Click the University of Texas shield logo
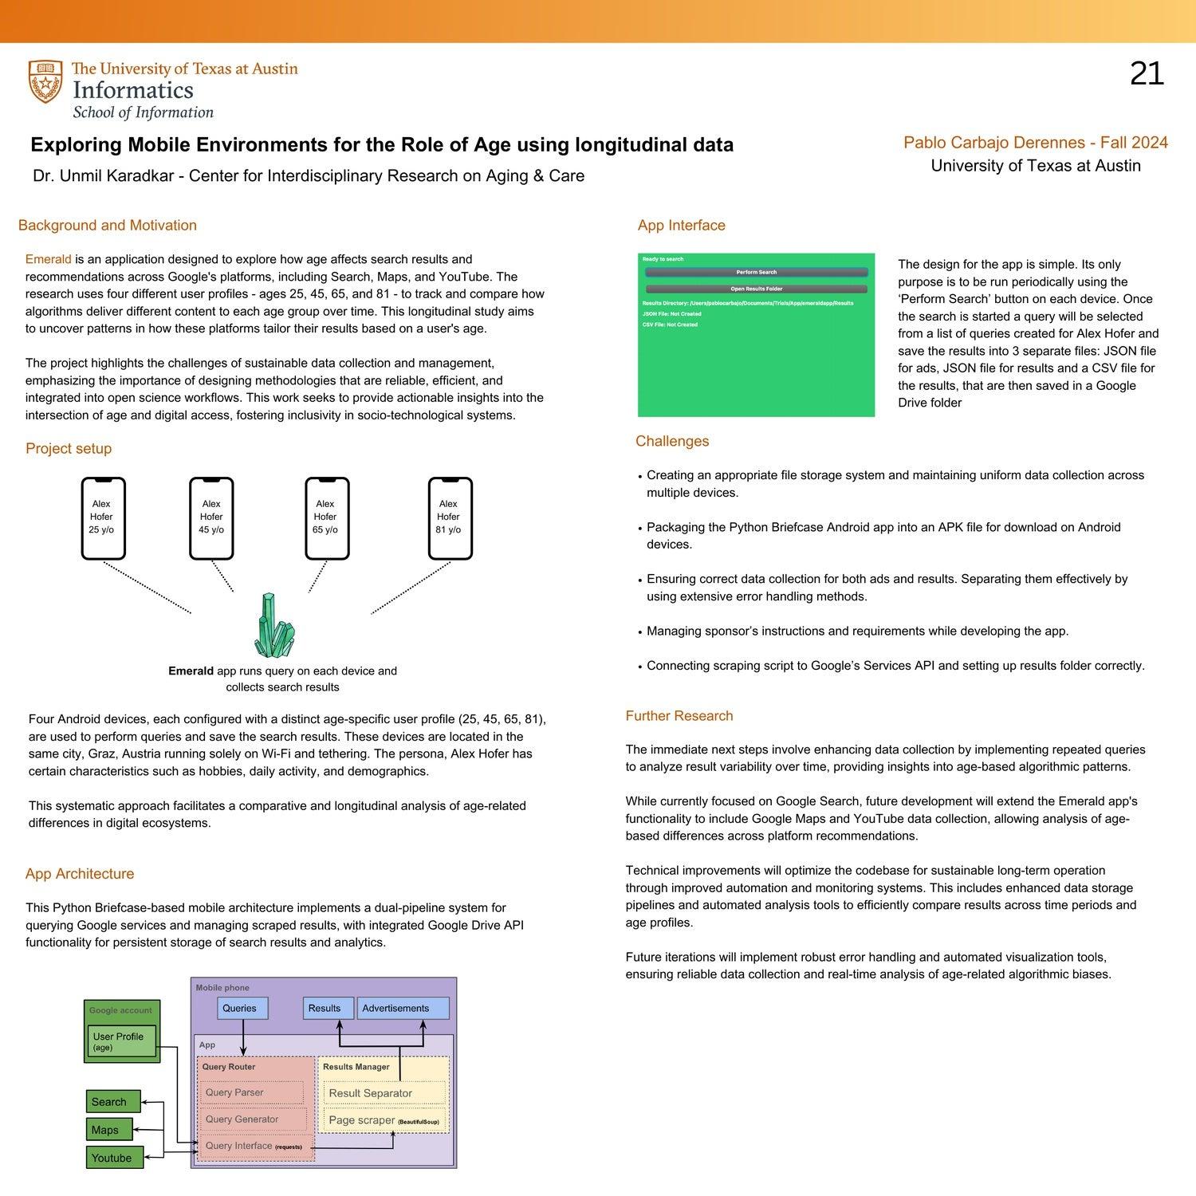coord(45,81)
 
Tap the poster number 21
coord(1147,74)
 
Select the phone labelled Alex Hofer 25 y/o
coord(103,518)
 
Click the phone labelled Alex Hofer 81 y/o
coord(450,518)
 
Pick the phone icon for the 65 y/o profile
coord(327,518)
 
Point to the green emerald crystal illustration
coord(274,625)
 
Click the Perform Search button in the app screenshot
coord(756,272)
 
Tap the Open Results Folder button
coord(756,289)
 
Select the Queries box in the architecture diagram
coord(242,1008)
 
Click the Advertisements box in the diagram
coord(402,1008)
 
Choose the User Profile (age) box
coord(121,1041)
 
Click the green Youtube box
coord(114,1158)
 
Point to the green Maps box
coord(108,1130)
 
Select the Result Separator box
coord(384,1093)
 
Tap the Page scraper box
coord(384,1120)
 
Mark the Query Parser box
coord(250,1092)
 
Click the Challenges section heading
coord(671,441)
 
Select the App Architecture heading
coord(80,874)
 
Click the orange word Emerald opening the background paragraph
coord(48,259)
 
